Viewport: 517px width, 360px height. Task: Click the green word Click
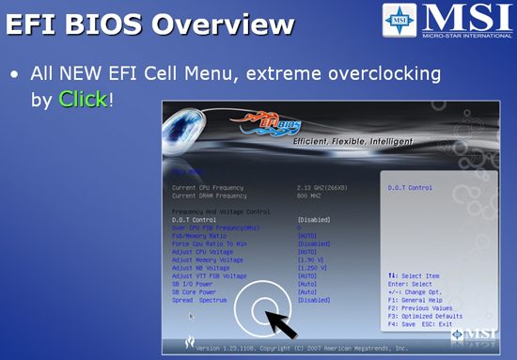pyautogui.click(x=82, y=98)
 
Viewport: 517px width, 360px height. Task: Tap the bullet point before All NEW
pyautogui.click(x=13, y=72)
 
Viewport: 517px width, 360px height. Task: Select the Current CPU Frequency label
pyautogui.click(x=210, y=187)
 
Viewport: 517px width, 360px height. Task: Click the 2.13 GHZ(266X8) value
pyautogui.click(x=326, y=187)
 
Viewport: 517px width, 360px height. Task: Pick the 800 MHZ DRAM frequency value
pyautogui.click(x=310, y=196)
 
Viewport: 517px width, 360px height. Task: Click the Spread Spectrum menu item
pyautogui.click(x=202, y=299)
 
